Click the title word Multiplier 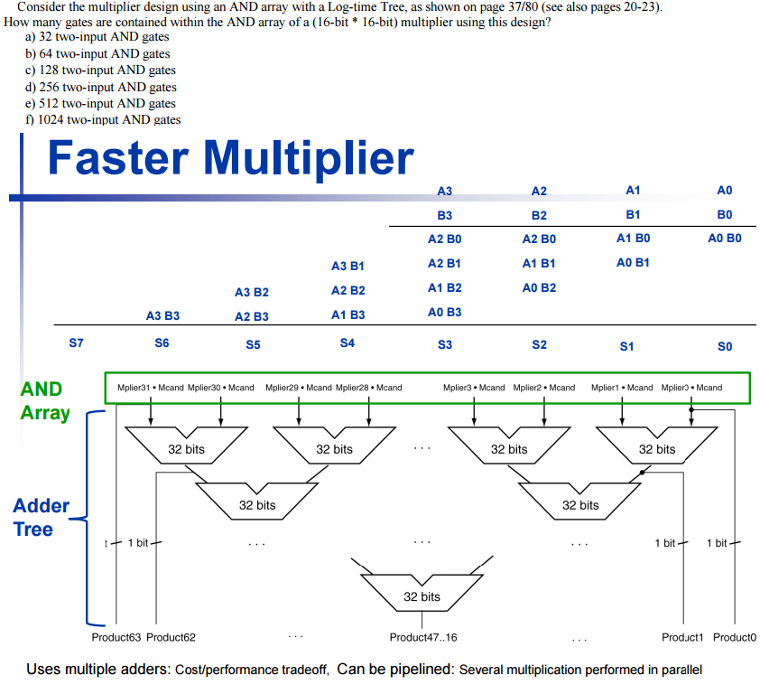[x=309, y=158]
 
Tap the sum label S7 [x=77, y=343]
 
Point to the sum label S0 [x=725, y=346]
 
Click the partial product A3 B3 [x=162, y=315]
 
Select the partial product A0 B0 [x=725, y=239]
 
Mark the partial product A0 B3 [x=444, y=312]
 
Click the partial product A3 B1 [x=348, y=266]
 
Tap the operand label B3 [x=444, y=216]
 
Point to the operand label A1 [x=633, y=190]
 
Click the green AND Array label [x=43, y=400]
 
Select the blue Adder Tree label [x=41, y=517]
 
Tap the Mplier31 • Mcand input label [x=151, y=388]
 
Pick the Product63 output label [x=116, y=637]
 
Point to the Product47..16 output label [x=422, y=637]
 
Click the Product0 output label [x=734, y=637]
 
